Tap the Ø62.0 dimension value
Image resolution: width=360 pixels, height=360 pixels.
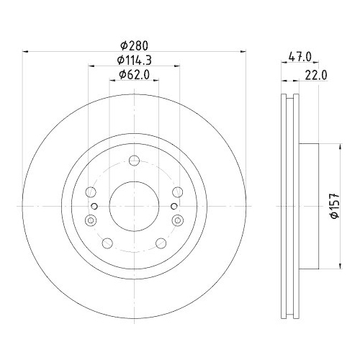[x=134, y=74]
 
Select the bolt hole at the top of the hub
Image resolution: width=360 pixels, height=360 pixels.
[x=134, y=161]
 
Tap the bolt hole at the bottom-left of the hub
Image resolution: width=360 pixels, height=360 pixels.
[x=108, y=242]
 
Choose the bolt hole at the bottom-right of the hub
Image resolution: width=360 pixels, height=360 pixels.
[x=160, y=242]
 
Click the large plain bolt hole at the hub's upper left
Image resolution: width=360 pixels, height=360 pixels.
[x=90, y=192]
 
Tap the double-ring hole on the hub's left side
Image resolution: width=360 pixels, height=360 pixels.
[x=90, y=220]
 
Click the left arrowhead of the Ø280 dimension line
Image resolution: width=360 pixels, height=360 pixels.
[x=27, y=51]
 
